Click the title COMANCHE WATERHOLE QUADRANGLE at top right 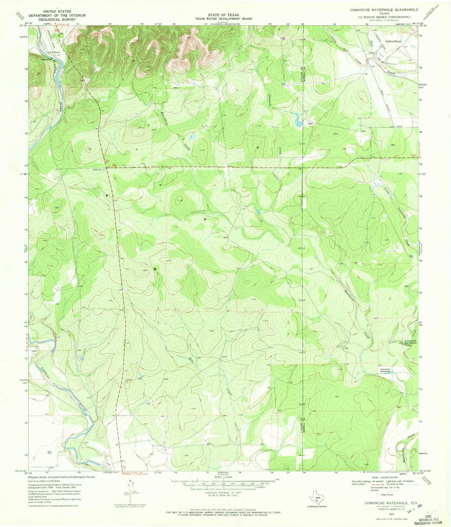(x=384, y=10)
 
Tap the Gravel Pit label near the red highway (x=98, y=170)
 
